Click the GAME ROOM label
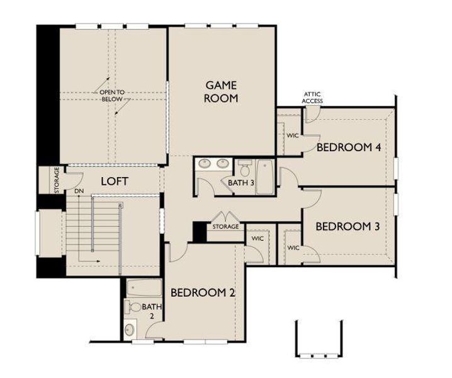click(222, 91)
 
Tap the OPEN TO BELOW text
click(113, 95)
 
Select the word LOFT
click(115, 181)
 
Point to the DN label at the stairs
click(79, 190)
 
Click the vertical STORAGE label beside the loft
click(57, 180)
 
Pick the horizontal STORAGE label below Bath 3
click(225, 226)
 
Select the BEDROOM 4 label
click(349, 147)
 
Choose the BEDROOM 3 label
click(347, 226)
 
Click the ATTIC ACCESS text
click(312, 97)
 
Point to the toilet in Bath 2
click(133, 307)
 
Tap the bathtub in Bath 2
click(144, 289)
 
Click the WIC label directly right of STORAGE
click(257, 239)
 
